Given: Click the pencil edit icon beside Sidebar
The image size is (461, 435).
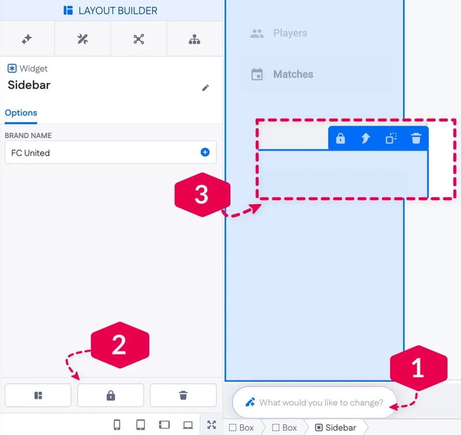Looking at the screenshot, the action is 206,88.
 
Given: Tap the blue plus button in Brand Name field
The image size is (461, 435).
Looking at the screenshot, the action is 205,152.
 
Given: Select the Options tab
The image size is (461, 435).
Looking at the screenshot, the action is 21,113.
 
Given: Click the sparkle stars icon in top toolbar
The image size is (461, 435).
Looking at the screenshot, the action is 27,39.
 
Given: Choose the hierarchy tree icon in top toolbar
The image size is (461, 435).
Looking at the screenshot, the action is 194,39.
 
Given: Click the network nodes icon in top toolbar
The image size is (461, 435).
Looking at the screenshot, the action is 138,39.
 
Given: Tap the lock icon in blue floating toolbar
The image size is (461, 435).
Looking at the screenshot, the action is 341,138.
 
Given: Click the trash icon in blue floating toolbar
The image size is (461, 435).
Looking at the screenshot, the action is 416,138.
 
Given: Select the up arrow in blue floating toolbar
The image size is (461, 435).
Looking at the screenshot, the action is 365,138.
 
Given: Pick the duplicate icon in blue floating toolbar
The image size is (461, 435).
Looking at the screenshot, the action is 391,138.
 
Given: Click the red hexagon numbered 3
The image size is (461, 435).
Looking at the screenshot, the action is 202,194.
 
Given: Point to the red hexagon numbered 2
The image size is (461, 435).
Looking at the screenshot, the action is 120,345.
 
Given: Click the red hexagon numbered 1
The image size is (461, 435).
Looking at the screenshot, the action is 419,368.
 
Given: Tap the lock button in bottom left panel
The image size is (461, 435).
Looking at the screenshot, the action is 111,395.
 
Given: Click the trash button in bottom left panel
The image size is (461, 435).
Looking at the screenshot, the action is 183,395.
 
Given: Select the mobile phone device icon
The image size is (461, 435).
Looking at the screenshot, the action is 117,425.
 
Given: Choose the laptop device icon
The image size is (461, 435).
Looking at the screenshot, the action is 188,425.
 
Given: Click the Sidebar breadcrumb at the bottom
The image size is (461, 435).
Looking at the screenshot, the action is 335,428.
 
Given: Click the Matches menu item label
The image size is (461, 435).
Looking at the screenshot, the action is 293,74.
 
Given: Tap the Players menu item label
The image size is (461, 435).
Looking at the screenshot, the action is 290,33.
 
